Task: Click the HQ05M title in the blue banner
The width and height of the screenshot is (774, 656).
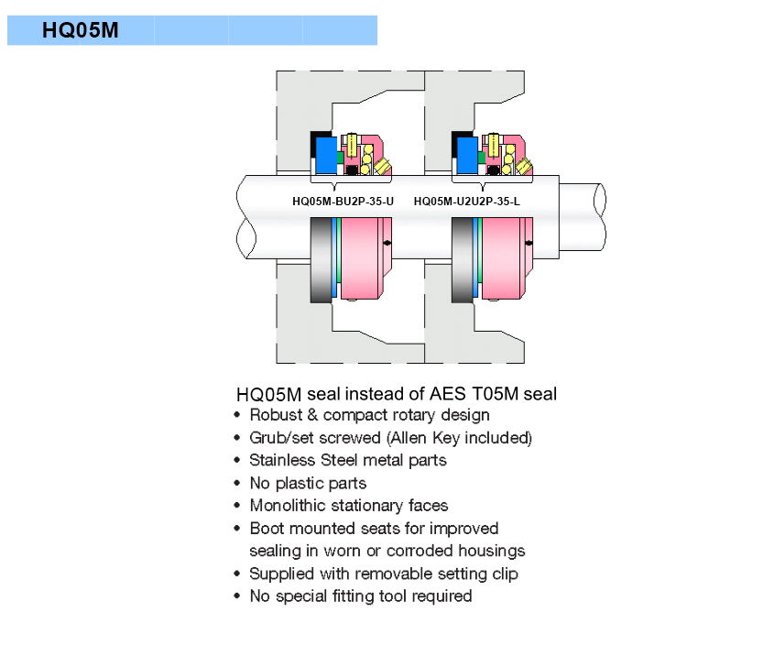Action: point(80,30)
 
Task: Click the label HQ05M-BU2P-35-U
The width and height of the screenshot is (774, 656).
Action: point(343,202)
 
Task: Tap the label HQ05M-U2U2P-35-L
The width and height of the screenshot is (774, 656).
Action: point(466,202)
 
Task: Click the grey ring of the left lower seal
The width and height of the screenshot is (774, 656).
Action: point(322,260)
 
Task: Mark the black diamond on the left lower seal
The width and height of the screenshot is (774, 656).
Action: point(388,242)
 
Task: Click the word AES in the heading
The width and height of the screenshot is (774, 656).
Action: point(449,394)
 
